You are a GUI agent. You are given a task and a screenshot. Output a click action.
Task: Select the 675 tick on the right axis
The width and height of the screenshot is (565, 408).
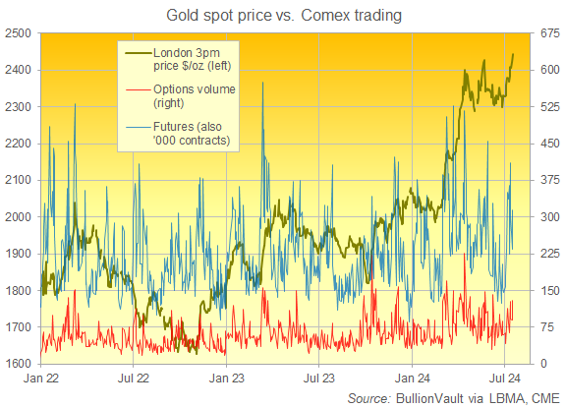(548, 32)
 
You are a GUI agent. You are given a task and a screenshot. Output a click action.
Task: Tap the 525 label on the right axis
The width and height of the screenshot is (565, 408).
(548, 106)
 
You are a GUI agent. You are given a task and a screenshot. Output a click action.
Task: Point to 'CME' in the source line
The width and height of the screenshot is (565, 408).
(541, 396)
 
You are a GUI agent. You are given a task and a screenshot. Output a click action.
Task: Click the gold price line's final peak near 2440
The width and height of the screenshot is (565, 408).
(513, 54)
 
